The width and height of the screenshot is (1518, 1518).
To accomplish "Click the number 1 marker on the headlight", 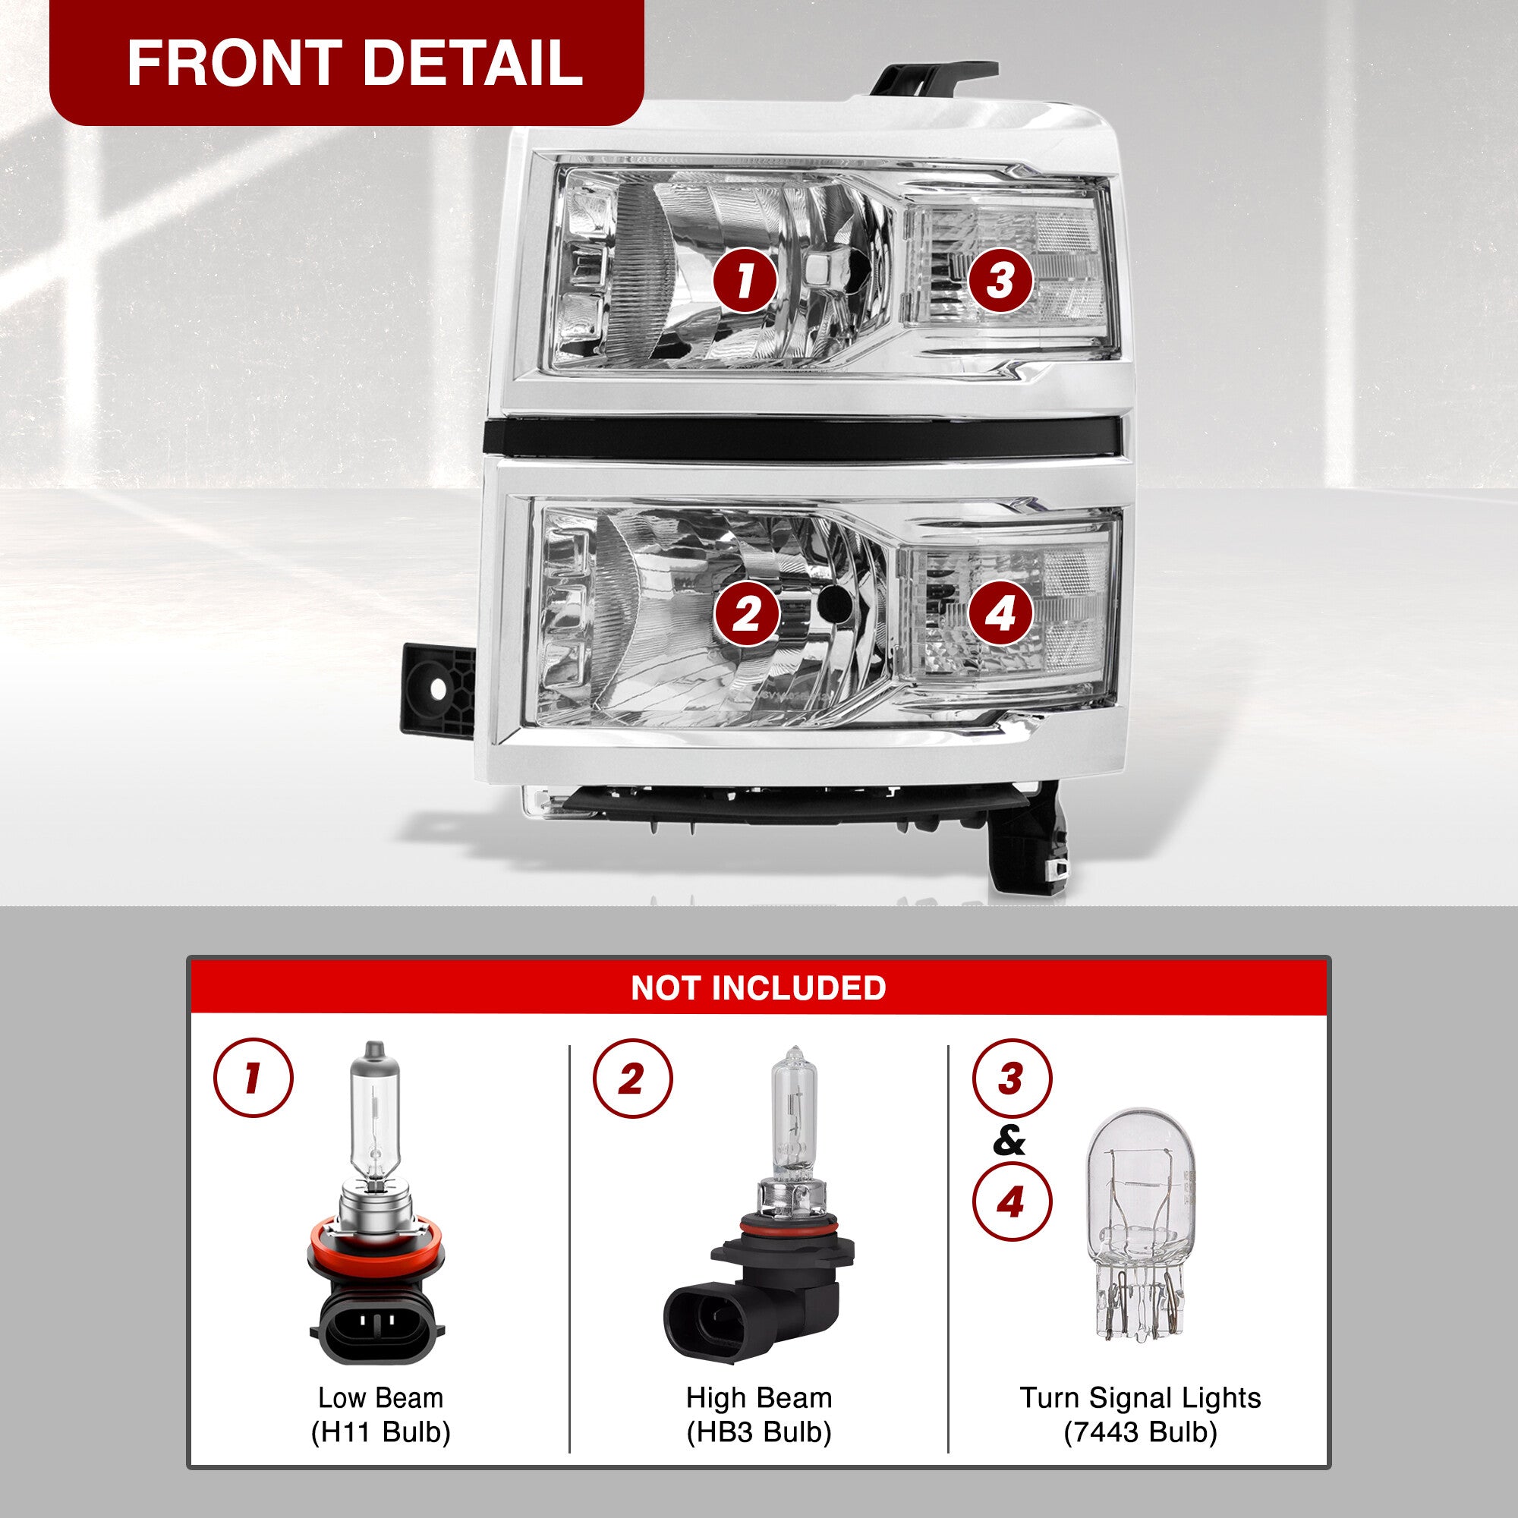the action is click(x=744, y=281).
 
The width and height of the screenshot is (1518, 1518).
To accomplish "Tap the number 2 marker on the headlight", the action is click(x=745, y=613).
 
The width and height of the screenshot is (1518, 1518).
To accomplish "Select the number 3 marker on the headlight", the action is click(x=1000, y=281).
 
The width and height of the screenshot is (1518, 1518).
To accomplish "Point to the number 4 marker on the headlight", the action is click(x=1000, y=613).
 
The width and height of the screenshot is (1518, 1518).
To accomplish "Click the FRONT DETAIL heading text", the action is click(x=354, y=63).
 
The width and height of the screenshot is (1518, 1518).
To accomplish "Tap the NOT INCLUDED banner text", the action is click(x=758, y=987).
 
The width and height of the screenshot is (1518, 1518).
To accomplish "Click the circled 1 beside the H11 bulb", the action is click(x=253, y=1078).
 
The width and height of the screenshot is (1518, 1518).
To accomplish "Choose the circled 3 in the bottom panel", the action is click(x=1011, y=1079).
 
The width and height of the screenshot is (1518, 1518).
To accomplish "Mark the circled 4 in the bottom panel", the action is click(x=1011, y=1201).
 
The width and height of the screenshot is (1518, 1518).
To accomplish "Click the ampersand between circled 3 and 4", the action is click(x=1009, y=1141).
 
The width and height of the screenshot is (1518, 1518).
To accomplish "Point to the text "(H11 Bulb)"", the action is click(x=381, y=1432).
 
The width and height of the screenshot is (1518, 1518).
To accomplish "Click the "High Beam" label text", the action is click(x=759, y=1398).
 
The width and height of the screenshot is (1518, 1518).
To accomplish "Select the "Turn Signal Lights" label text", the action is click(x=1140, y=1398).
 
